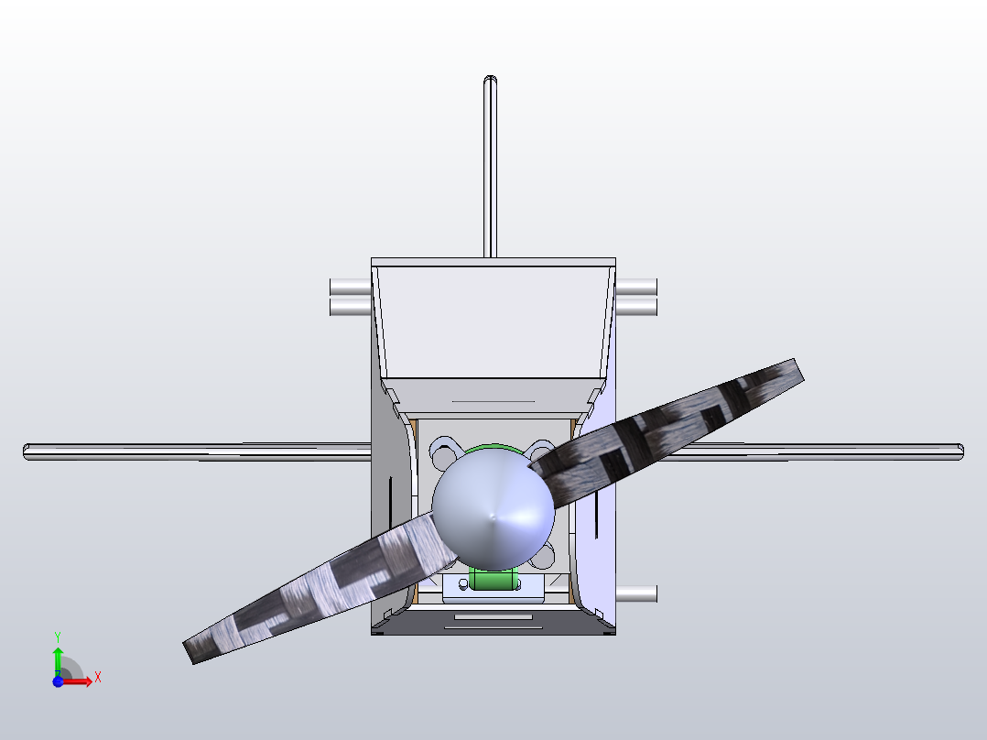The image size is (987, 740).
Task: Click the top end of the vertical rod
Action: (x=491, y=81)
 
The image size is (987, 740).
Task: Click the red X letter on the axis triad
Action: (x=97, y=678)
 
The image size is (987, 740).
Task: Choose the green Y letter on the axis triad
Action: (x=58, y=636)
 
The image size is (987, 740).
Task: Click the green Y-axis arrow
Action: (x=58, y=658)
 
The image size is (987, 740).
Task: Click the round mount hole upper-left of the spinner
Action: (x=443, y=452)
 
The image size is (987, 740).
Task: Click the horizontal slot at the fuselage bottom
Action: (x=493, y=617)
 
